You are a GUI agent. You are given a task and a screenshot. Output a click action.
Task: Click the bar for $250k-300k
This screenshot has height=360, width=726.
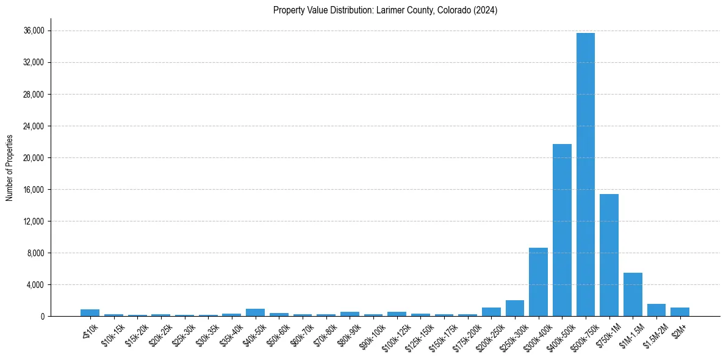[515, 308]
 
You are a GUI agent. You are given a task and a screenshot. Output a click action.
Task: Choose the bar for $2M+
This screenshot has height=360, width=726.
[680, 312]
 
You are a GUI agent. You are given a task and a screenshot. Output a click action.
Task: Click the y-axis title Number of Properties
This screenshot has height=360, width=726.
[10, 168]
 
